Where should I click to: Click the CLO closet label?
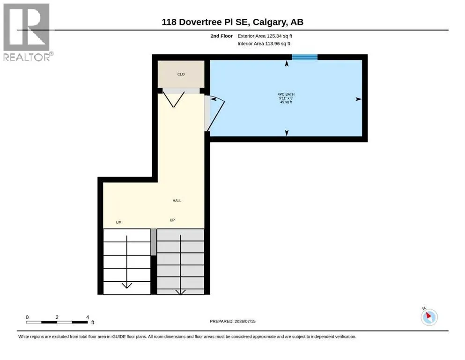tap(181, 74)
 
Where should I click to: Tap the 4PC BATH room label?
tap(286, 94)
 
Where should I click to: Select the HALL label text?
tap(177, 201)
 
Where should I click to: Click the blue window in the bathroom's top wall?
tap(304, 57)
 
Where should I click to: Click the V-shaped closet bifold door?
tap(173, 100)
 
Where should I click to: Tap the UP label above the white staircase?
tap(118, 222)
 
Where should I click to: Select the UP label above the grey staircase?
tap(172, 220)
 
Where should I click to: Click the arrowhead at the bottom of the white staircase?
tap(127, 285)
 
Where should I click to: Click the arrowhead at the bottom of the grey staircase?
tap(180, 292)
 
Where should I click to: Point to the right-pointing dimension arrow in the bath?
tap(359, 99)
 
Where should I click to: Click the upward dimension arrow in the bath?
tap(287, 63)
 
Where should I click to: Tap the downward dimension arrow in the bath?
tap(287, 133)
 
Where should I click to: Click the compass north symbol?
tap(429, 317)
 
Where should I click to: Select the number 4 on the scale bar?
tap(88, 317)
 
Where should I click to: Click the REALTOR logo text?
tap(27, 57)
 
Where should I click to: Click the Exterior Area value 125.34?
tap(274, 36)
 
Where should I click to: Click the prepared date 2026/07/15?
tap(245, 321)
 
